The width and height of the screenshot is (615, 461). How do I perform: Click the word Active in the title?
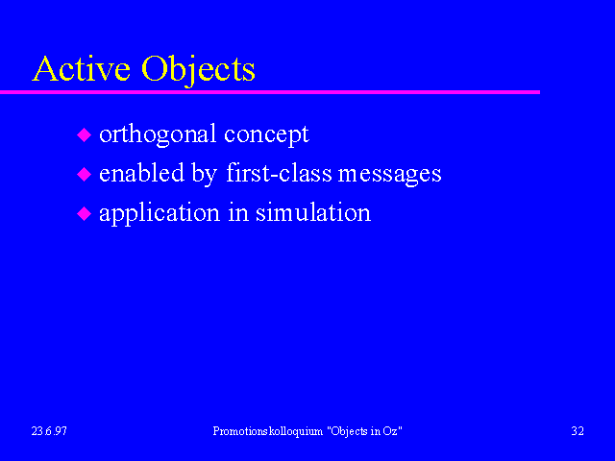81,68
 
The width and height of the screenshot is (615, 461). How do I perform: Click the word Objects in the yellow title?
198,70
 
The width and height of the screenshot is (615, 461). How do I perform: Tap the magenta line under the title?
270,92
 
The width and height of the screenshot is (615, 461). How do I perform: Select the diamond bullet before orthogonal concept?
84,134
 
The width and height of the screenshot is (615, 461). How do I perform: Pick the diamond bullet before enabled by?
84,174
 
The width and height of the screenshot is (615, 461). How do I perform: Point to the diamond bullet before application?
84,213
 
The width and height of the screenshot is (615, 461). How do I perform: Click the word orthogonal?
158,134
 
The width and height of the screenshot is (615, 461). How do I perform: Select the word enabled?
141,173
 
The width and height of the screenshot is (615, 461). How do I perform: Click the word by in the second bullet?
205,175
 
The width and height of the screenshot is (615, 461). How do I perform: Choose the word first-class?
279,173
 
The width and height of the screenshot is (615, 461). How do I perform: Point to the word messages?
389,175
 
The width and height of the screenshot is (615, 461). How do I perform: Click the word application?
160,214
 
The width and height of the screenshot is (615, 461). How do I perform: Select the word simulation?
313,212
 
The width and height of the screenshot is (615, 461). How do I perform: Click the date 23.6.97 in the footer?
49,431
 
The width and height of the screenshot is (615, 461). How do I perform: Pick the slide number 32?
578,431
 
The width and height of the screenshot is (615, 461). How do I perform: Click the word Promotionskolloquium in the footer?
268,431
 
